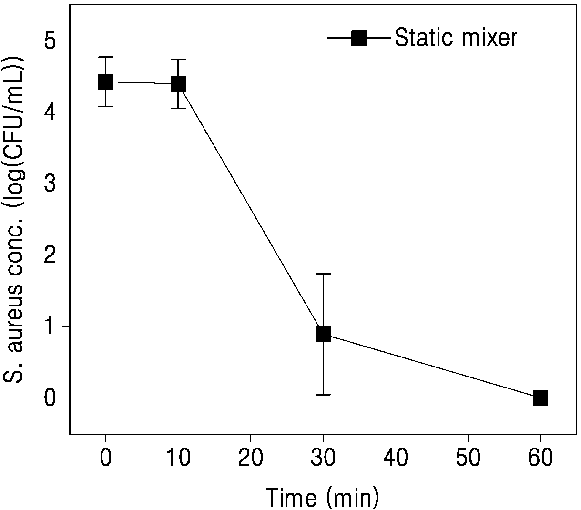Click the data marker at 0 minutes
click(x=105, y=82)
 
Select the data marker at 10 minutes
click(x=178, y=83)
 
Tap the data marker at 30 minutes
click(x=323, y=334)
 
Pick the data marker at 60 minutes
click(x=540, y=398)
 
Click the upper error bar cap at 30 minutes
click(x=323, y=274)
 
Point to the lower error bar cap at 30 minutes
click(x=323, y=395)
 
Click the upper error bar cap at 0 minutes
click(x=105, y=57)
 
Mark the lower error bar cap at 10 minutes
click(x=178, y=108)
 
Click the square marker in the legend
click(x=359, y=38)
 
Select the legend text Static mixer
click(x=456, y=37)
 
